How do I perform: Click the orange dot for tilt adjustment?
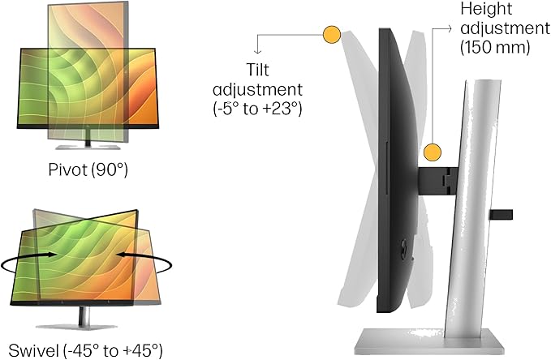(331, 35)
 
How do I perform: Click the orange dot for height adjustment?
(433, 152)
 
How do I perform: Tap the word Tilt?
(257, 70)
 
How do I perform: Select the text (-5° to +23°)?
(257, 109)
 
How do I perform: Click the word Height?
(486, 8)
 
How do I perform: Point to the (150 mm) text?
(495, 47)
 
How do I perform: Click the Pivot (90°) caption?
(88, 170)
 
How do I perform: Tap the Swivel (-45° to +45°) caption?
(85, 350)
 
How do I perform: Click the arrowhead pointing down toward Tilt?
(257, 51)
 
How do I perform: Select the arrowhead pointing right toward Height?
(449, 29)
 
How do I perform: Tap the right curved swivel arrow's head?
(121, 255)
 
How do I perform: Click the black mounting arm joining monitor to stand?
(437, 181)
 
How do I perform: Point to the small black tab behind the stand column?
(501, 215)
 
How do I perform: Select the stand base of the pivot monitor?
(88, 147)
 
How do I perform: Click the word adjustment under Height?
(505, 28)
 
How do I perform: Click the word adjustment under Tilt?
(257, 89)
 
